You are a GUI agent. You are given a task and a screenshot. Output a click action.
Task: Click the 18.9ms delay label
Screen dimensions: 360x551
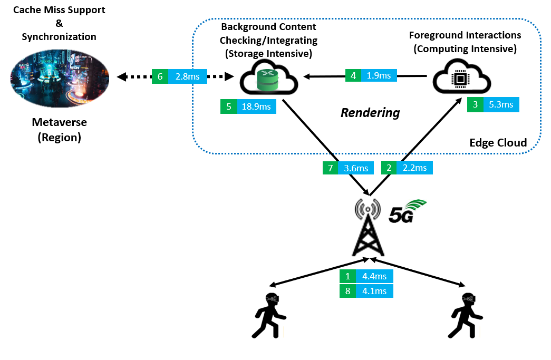click(256, 106)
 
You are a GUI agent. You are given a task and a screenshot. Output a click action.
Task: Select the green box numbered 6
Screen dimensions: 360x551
click(160, 77)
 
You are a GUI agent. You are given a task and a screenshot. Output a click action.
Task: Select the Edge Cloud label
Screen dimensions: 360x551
click(498, 143)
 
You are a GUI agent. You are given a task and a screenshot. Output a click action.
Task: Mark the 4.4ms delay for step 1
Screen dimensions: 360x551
click(374, 276)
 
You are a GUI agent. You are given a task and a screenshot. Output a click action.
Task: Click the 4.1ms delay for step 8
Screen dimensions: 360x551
click(374, 290)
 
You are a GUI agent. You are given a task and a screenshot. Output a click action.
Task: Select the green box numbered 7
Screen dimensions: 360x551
click(330, 168)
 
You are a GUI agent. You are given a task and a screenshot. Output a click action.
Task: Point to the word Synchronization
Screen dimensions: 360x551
click(59, 37)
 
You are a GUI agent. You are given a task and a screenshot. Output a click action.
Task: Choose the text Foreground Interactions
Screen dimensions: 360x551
click(465, 35)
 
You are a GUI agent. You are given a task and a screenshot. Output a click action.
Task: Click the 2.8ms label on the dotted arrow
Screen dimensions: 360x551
click(187, 77)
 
